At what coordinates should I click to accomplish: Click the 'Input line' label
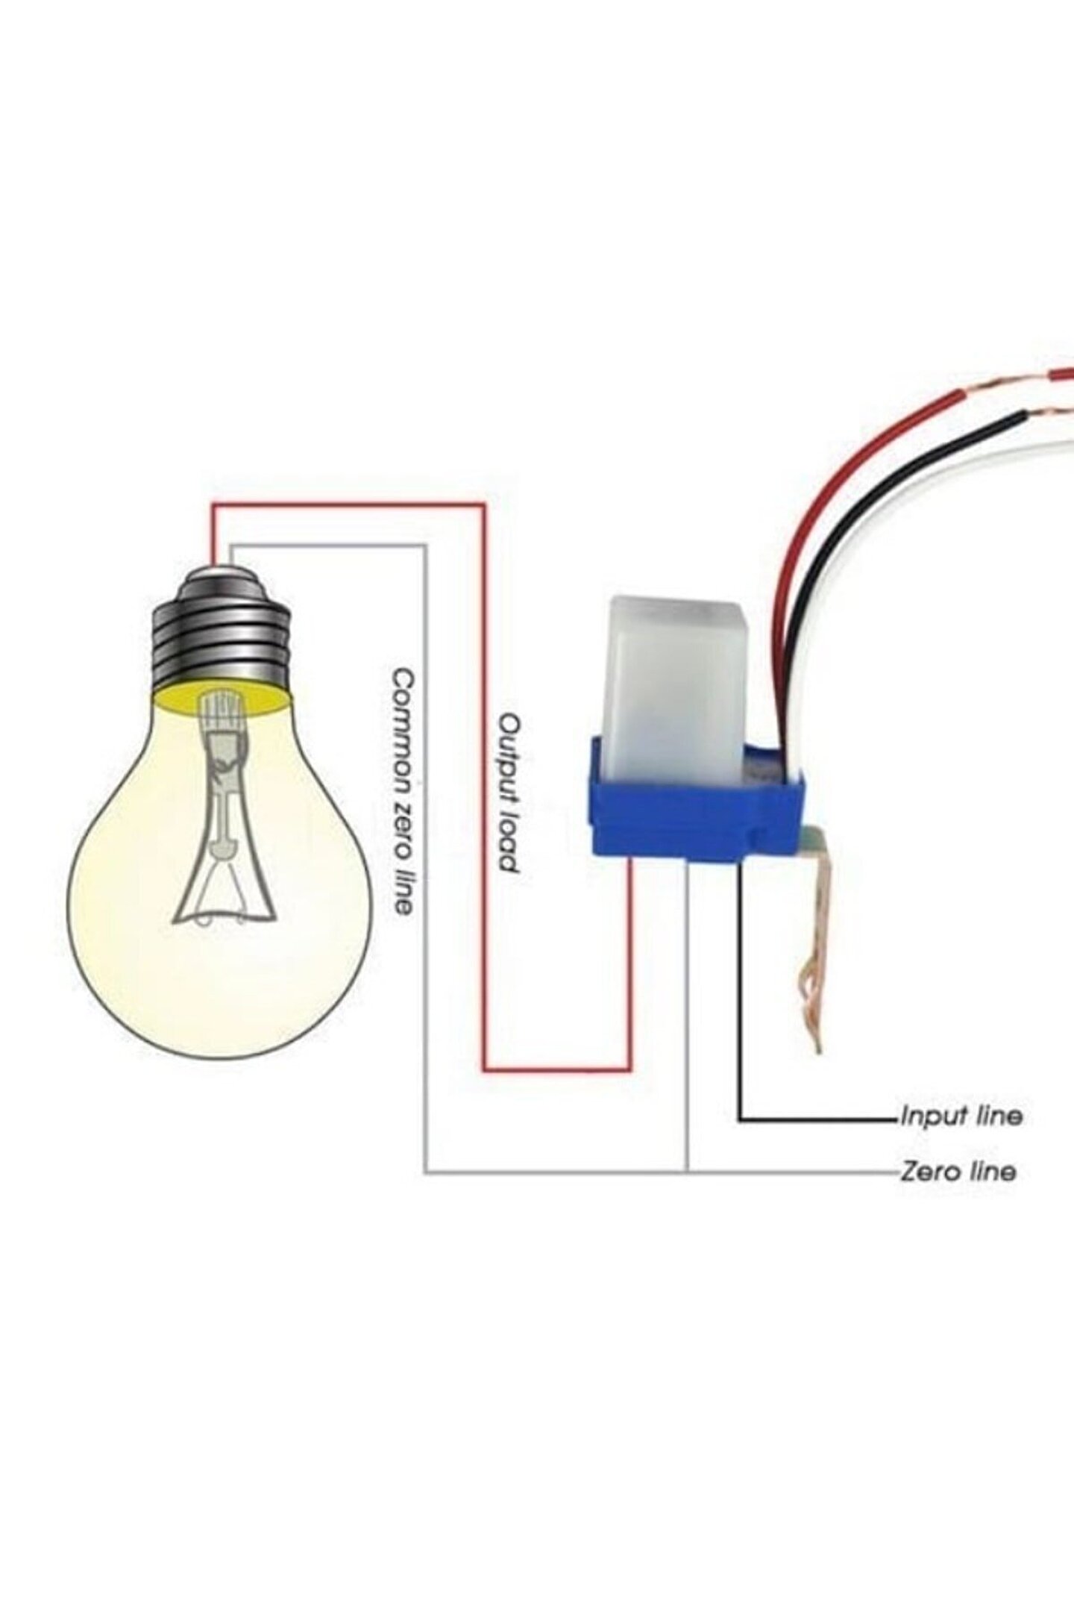[961, 1116]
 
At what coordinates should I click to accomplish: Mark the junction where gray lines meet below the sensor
[688, 1173]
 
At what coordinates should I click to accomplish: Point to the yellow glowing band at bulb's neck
[221, 699]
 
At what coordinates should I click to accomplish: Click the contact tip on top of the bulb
[221, 571]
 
